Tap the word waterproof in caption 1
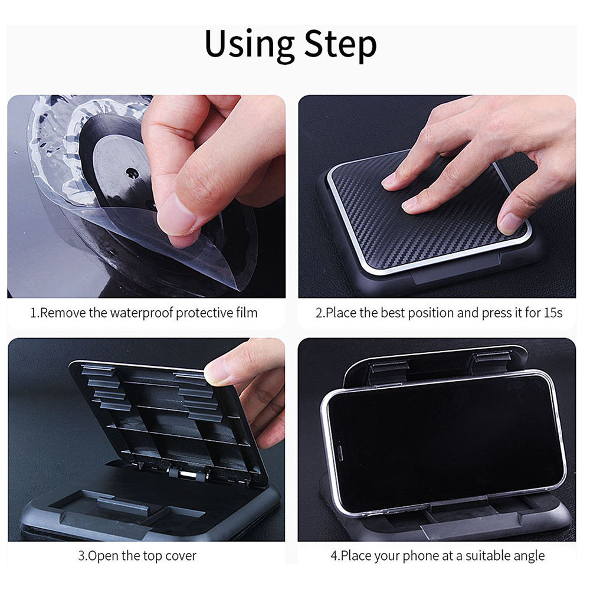pos(142,313)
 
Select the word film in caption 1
pos(247,312)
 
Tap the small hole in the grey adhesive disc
pos(132,173)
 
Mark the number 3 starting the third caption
pos(81,556)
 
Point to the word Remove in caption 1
pos(63,313)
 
